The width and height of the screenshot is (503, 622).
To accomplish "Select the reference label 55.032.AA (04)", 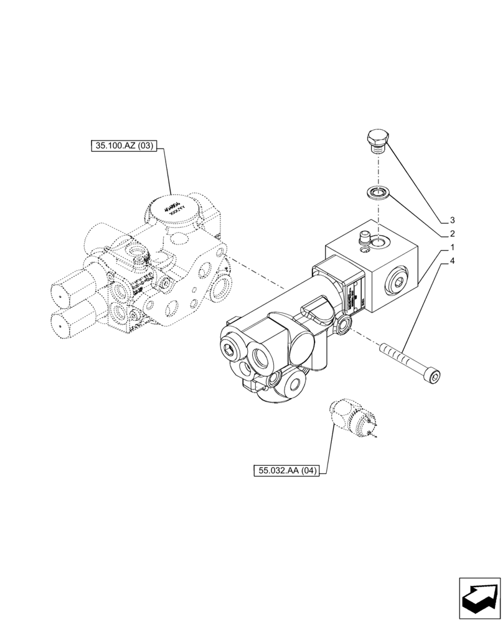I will pyautogui.click(x=286, y=471).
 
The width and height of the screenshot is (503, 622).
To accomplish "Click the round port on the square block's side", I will pyautogui.click(x=400, y=283).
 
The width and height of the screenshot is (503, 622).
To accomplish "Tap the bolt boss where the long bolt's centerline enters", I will pyautogui.click(x=344, y=322).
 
